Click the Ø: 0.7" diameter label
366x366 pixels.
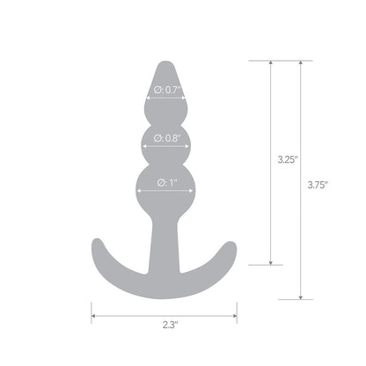(164, 89)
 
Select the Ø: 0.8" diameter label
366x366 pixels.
(164, 137)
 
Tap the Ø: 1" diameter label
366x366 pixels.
(164, 183)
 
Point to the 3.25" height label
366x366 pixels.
(286, 161)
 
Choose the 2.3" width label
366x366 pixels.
(164, 326)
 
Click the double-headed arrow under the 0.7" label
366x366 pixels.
(164, 99)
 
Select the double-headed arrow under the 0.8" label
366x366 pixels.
(164, 147)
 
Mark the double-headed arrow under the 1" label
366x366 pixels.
(164, 193)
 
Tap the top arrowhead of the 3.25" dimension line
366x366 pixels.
(270, 64)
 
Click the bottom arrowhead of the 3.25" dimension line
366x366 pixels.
(270, 260)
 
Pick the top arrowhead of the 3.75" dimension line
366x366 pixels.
(301, 64)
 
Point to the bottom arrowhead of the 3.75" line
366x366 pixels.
(301, 296)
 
